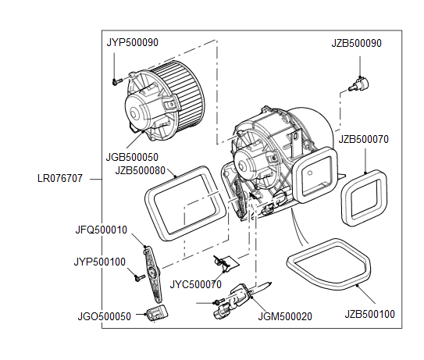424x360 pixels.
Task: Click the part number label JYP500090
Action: [x=132, y=42]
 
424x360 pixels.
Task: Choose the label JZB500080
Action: [x=140, y=170]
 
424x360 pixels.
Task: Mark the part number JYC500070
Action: [x=195, y=285]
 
